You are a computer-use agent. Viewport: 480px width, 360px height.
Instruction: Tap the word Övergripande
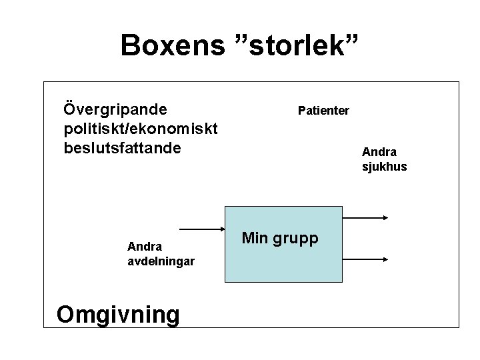tap(115, 108)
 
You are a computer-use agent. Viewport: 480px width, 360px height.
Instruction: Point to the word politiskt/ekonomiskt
tap(141, 127)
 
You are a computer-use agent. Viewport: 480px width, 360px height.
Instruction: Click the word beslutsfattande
tap(122, 147)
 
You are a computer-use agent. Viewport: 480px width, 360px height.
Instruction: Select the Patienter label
tap(323, 110)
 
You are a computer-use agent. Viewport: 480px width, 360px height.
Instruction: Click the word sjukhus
tap(384, 166)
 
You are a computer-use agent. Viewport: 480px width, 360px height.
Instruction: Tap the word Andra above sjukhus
tap(379, 151)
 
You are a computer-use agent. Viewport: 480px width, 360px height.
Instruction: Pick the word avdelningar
tap(161, 261)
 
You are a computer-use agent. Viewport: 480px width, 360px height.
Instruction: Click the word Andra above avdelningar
tap(145, 247)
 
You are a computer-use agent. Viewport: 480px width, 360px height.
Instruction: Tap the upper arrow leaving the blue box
tap(364, 218)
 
